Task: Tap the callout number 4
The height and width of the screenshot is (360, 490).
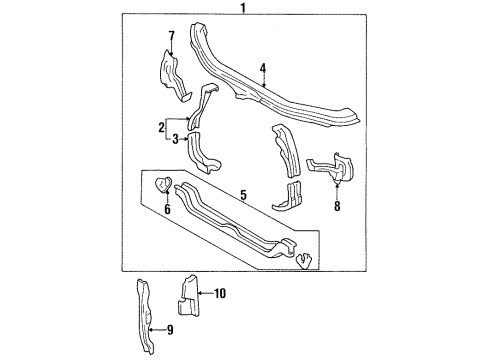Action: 262,68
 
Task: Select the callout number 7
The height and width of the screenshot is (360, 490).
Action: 170,36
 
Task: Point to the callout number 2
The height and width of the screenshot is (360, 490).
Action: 160,127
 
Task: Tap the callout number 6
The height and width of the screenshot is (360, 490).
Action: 167,209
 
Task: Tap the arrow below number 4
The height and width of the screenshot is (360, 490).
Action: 262,82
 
